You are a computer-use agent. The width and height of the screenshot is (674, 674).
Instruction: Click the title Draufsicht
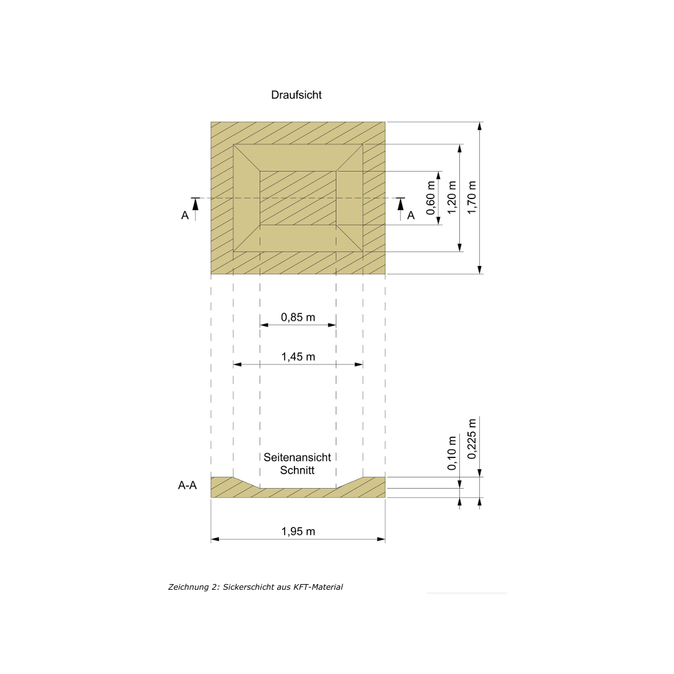(296, 95)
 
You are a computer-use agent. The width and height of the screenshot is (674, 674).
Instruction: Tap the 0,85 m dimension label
(298, 317)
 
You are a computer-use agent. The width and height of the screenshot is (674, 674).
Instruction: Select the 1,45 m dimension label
(298, 357)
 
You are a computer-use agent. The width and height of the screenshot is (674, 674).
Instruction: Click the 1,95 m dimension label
(298, 531)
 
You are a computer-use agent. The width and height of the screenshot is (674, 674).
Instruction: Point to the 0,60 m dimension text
(431, 198)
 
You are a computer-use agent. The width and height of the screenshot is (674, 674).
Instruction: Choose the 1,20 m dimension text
(451, 198)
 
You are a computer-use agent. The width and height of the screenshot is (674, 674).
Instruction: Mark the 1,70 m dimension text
(472, 198)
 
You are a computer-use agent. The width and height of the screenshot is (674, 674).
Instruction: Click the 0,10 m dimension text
(451, 454)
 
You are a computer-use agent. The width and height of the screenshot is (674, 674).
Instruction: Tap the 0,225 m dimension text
(472, 439)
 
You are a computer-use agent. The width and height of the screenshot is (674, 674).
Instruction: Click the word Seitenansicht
(297, 457)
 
